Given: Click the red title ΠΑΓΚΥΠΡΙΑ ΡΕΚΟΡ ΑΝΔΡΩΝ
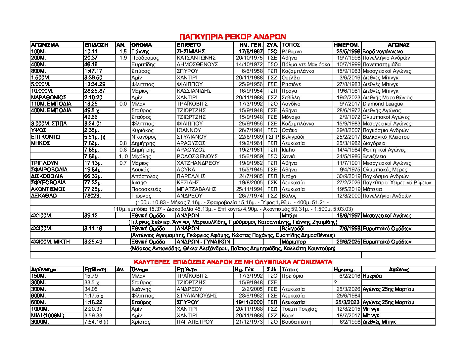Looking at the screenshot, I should point(233,37).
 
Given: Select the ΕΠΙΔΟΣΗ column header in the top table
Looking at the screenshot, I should point(96,45).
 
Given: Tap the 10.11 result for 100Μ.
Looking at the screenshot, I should point(91,51).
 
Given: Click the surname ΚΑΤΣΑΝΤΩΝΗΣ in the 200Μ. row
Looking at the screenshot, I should point(196,58).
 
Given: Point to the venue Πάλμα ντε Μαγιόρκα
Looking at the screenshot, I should point(306,65).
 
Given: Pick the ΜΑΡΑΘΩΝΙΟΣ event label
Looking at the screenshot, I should point(49,97).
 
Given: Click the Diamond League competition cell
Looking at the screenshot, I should point(383,104).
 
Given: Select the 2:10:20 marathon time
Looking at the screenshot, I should point(93,97).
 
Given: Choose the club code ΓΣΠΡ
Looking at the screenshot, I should point(272,137).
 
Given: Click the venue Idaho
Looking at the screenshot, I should point(288,150).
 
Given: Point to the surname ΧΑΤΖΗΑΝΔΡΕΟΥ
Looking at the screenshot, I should point(198,163).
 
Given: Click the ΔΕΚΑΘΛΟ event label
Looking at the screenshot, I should point(44,196).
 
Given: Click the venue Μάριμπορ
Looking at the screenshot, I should point(294,242).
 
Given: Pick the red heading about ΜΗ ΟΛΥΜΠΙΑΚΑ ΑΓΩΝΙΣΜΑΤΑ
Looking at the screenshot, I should point(233,262).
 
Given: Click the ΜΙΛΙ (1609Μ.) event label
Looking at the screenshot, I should point(48,315).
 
